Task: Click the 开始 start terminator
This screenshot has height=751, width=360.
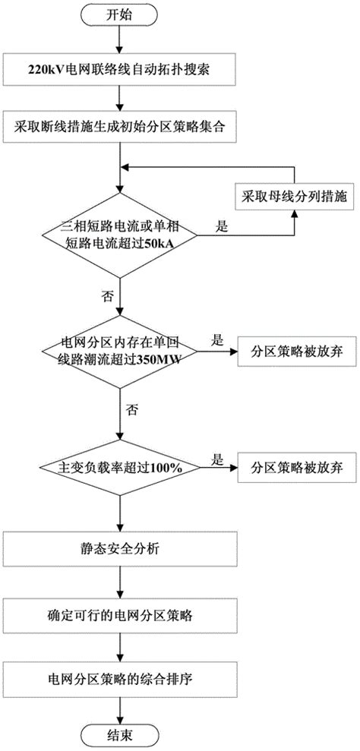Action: [118, 14]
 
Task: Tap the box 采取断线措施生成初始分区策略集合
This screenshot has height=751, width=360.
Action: [118, 123]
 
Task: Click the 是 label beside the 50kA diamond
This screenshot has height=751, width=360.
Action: [222, 204]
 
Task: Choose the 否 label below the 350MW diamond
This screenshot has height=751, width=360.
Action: [133, 410]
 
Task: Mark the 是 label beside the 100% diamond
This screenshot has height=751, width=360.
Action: [216, 459]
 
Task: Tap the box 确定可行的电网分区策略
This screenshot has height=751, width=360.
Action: [118, 610]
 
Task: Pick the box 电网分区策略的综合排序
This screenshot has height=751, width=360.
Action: [118, 673]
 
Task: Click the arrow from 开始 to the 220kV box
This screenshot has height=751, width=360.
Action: [118, 43]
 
